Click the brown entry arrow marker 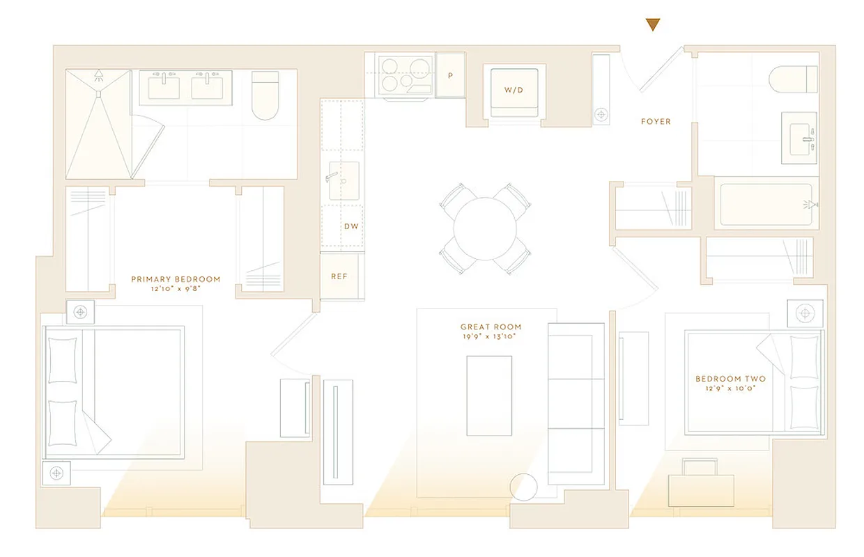652,26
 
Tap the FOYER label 656,122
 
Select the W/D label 514,91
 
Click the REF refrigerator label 339,276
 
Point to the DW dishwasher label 350,227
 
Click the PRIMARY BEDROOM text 175,279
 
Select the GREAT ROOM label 491,327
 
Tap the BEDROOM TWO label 730,379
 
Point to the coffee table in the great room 489,395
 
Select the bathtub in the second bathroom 766,205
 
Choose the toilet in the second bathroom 794,79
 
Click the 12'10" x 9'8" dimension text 175,289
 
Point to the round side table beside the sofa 524,487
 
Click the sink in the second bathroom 799,138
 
